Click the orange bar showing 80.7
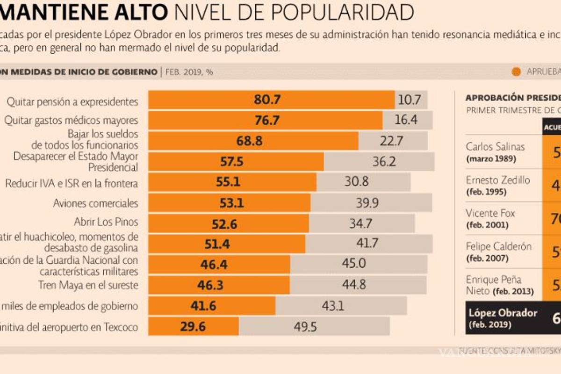271,100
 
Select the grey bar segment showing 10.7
410,100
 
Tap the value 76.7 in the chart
267,120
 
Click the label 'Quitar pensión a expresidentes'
72,101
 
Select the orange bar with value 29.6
193,326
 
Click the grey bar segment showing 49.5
314,326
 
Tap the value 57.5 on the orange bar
232,162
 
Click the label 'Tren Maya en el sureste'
88,285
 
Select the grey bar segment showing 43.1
341,306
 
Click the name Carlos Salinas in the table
495,147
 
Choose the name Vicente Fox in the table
490,214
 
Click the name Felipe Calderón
498,246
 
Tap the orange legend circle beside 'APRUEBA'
516,72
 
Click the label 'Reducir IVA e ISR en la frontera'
72,183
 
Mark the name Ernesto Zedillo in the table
498,180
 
